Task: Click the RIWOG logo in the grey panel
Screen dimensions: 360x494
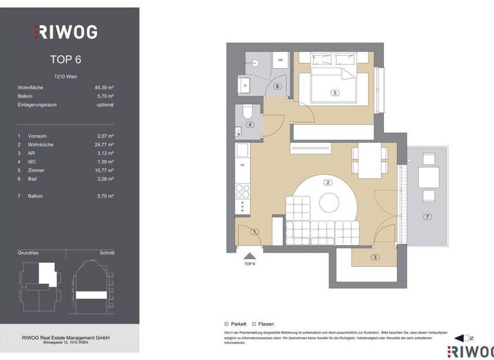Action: [x=66, y=32]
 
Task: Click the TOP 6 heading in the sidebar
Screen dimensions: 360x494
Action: [x=66, y=60]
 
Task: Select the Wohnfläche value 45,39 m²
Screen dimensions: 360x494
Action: [x=104, y=87]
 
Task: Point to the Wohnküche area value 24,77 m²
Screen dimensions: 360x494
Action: [x=104, y=145]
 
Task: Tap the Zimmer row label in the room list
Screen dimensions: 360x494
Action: [x=37, y=170]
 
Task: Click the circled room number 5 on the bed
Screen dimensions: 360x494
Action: [x=334, y=93]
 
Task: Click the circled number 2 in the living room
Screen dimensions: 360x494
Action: [x=328, y=183]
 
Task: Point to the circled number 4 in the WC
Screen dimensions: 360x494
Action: [x=250, y=125]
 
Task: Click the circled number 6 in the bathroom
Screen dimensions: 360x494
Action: [x=277, y=86]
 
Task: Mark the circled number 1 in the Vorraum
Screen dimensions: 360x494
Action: [x=255, y=231]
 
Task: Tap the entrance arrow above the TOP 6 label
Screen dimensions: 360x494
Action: [x=250, y=256]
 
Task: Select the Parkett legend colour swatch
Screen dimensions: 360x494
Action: [x=226, y=324]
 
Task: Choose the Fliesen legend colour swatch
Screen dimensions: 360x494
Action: [x=254, y=324]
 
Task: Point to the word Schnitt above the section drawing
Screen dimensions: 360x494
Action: [x=107, y=253]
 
